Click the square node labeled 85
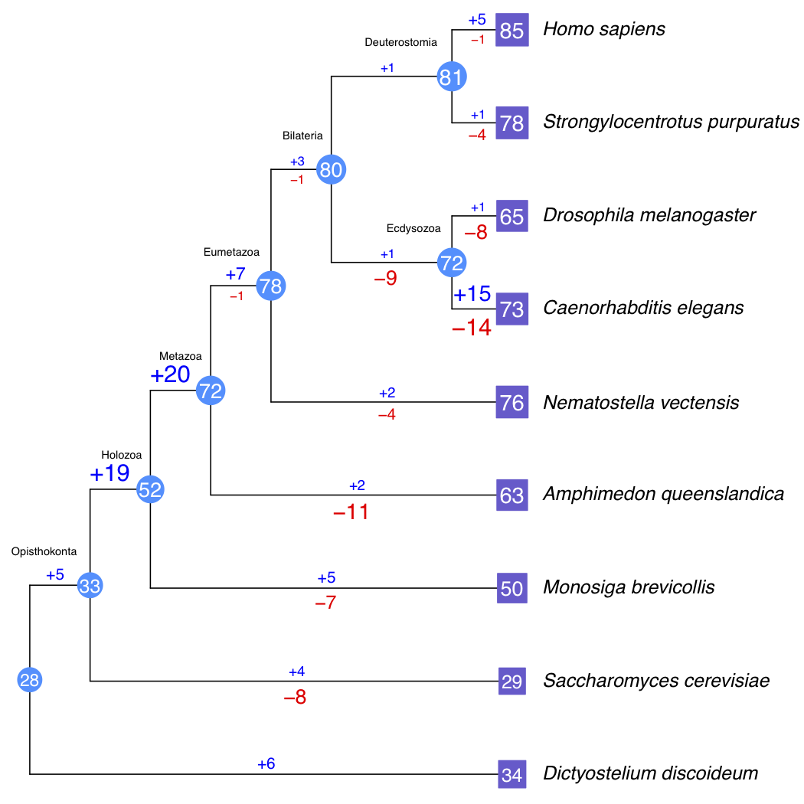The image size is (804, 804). tap(511, 31)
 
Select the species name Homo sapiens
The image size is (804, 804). tap(603, 30)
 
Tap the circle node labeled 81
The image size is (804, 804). tap(452, 77)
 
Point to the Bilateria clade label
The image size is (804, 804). tap(302, 136)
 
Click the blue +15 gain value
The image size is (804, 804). tap(472, 294)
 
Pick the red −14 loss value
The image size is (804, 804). tap(471, 328)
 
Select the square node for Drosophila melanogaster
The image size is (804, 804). tap(511, 217)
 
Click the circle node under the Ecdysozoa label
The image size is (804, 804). tap(452, 263)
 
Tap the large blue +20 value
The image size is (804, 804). tap(169, 375)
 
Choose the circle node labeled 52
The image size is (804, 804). tap(150, 489)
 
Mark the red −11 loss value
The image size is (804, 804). tap(351, 512)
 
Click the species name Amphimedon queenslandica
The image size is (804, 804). tap(663, 494)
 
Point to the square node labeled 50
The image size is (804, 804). tap(511, 588)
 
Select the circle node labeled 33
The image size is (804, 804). tap(90, 587)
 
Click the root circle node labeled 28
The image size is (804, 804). tap(30, 679)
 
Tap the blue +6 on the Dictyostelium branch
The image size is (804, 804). tap(266, 763)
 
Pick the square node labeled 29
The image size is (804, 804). tap(511, 681)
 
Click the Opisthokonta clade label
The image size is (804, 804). tap(44, 551)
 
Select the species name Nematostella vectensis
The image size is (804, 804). tap(641, 402)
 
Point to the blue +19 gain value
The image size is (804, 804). tap(109, 473)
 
